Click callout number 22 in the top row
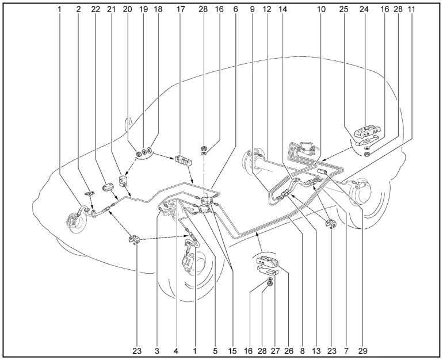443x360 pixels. [x=96, y=9]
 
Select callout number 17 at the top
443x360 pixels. [x=181, y=9]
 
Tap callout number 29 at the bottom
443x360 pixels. [x=363, y=351]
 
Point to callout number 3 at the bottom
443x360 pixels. [x=157, y=351]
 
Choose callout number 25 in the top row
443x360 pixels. [x=343, y=9]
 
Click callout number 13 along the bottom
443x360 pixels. [x=316, y=351]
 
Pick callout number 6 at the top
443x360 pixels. [x=236, y=9]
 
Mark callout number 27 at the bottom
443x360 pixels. [x=275, y=351]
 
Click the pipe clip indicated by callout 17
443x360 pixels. [x=183, y=160]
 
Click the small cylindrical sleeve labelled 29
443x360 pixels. [x=322, y=171]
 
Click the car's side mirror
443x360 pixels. [x=129, y=124]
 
